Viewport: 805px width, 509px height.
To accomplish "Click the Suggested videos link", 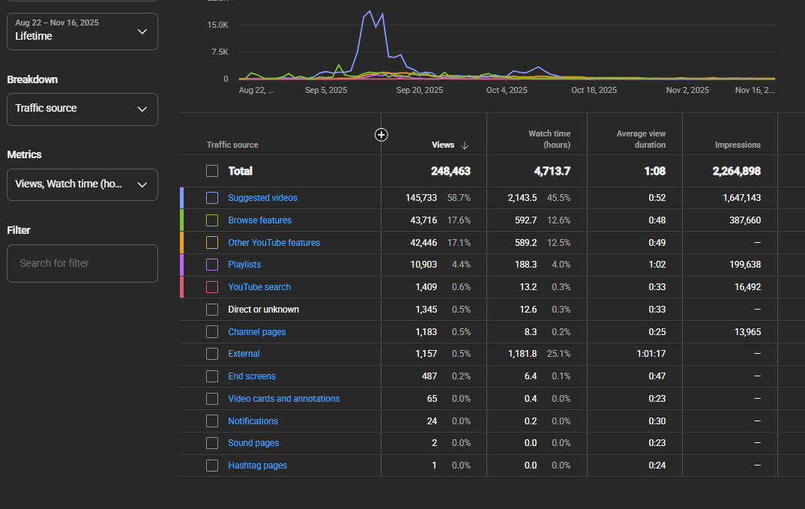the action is click(x=262, y=198).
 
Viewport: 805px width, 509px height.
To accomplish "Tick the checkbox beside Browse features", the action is click(x=212, y=220).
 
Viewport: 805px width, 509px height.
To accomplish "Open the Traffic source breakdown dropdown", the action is click(x=82, y=109).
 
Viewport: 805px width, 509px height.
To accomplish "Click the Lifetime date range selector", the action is click(x=82, y=31).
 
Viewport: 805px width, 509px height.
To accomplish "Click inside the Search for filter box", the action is click(x=82, y=263).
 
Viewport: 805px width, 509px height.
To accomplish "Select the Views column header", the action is click(x=443, y=145).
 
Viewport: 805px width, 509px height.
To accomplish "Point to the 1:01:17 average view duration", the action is click(x=651, y=354).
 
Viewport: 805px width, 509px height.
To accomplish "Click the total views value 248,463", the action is click(x=450, y=171).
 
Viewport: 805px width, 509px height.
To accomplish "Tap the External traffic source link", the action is click(x=244, y=354).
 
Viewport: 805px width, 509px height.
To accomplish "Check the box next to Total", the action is click(x=212, y=171).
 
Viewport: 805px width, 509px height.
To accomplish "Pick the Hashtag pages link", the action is click(x=257, y=466).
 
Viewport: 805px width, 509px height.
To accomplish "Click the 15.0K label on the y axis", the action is click(x=217, y=25).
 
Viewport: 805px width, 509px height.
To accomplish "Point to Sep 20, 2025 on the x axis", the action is click(x=420, y=90).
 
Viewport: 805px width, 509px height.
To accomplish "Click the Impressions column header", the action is click(x=738, y=145).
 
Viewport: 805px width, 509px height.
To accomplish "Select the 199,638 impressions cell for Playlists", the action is click(x=745, y=265).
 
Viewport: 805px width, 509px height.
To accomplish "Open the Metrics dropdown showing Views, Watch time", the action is click(x=82, y=184).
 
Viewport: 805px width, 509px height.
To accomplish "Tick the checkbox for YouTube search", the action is click(x=212, y=287).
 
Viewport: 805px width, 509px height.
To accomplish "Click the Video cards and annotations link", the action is click(x=284, y=399).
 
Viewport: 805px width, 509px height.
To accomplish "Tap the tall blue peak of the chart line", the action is click(x=370, y=11).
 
